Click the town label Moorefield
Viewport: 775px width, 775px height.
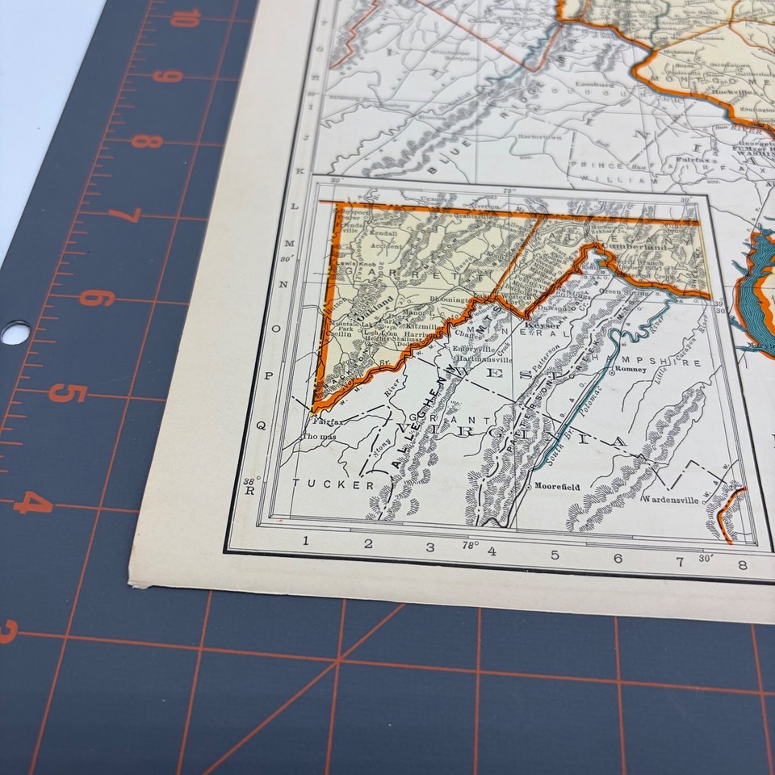point(557,487)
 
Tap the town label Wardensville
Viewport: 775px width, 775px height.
point(669,499)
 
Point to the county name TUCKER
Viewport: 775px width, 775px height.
point(333,484)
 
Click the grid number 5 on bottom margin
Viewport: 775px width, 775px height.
point(555,555)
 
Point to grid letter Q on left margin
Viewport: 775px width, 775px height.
point(261,424)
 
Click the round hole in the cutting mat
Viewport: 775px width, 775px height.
point(15,332)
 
